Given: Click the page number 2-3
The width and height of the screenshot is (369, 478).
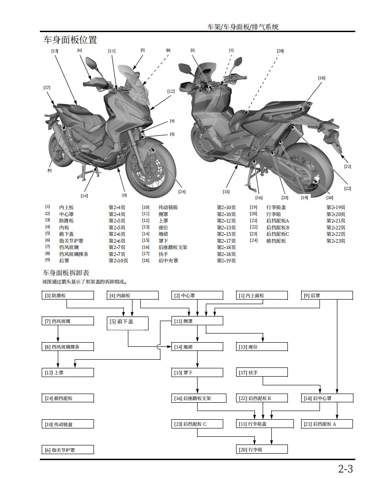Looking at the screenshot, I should (346, 468).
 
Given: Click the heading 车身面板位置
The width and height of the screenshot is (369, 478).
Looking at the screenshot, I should (70, 39).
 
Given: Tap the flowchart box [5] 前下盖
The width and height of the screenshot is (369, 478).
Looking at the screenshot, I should (127, 323).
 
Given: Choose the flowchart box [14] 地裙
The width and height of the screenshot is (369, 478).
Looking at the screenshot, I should (197, 347).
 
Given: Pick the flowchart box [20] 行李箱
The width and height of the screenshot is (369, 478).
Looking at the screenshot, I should (262, 450).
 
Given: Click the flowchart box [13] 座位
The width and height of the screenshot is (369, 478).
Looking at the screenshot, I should (262, 347).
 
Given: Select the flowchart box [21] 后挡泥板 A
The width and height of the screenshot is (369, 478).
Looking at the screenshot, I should (327, 424).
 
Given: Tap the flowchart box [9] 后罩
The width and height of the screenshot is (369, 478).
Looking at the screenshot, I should (327, 295).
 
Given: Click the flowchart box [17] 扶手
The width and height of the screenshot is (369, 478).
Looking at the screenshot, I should (262, 372).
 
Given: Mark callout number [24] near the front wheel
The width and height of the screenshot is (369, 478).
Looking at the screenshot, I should (182, 191).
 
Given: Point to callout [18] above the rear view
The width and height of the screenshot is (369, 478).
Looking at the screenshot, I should (322, 78).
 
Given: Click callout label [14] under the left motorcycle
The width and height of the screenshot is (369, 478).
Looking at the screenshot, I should (84, 196).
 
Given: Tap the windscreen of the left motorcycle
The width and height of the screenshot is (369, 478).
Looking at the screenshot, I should (132, 85).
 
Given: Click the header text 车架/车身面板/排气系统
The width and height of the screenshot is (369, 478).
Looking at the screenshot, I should (243, 27).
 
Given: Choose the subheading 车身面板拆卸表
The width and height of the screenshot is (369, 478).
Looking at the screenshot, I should (66, 272).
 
